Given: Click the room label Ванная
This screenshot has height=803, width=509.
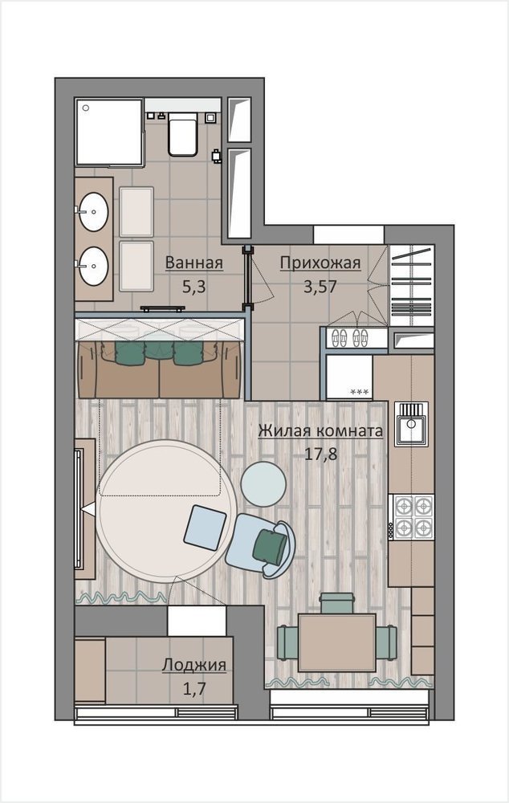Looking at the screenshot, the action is [x=194, y=263].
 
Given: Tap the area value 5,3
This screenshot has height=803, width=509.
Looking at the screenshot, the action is [x=194, y=287].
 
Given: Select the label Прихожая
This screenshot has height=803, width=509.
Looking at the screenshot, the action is [x=320, y=263].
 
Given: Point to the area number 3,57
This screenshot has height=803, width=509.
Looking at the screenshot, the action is [x=320, y=287].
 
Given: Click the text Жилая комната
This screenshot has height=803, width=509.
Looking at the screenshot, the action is [x=320, y=431].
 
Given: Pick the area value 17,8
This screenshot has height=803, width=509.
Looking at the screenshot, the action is [x=321, y=454].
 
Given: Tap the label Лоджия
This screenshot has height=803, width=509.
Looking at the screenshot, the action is [x=194, y=665].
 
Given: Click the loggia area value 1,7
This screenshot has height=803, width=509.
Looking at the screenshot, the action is [x=194, y=689].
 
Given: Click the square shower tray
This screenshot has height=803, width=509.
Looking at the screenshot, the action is [x=109, y=132].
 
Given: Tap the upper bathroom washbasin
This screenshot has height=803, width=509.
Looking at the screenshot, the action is [x=93, y=211].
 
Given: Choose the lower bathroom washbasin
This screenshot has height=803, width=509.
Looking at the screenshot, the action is [x=93, y=266].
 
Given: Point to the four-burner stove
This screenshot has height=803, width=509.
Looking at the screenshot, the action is [x=411, y=516].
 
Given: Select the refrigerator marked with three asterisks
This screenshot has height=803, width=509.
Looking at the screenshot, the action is [x=349, y=377].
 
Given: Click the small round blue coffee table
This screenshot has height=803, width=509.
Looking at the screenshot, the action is [x=263, y=483].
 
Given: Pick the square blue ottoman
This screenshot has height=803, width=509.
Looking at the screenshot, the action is [x=206, y=528].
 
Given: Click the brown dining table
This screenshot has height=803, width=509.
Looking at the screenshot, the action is [x=337, y=642].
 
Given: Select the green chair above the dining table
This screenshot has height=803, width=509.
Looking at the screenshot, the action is [x=337, y=603].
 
